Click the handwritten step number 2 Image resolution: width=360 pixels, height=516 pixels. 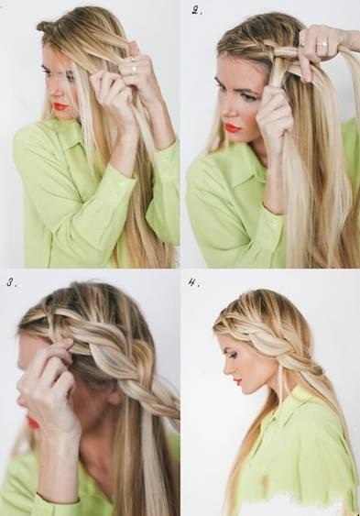197,10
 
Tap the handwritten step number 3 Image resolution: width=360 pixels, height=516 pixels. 13,282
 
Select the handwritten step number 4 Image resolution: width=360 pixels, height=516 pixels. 193,282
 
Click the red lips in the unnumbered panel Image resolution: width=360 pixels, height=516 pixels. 60,106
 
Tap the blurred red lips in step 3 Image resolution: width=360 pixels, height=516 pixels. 32,423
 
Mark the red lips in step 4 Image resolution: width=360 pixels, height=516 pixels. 238,381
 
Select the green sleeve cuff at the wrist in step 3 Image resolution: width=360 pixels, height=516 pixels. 58,500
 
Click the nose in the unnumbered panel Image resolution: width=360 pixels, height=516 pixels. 53,93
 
